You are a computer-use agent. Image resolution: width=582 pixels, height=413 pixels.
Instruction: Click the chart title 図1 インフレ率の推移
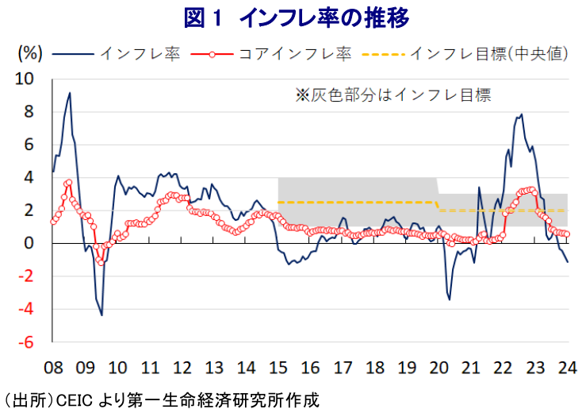pyautogui.click(x=297, y=17)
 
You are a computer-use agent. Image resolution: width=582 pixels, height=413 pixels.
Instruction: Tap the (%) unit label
pyautogui.click(x=30, y=53)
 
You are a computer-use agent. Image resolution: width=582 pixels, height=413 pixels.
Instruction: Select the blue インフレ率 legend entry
pyautogui.click(x=117, y=54)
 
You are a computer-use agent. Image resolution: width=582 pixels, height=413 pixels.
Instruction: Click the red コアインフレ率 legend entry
pyautogui.click(x=271, y=54)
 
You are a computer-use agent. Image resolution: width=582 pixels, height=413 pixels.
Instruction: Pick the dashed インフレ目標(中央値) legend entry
pyautogui.click(x=465, y=54)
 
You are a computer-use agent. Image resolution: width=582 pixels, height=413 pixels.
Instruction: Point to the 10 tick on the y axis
pyautogui.click(x=24, y=79)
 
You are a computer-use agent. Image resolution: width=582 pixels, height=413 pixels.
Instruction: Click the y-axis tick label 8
pyautogui.click(x=29, y=111)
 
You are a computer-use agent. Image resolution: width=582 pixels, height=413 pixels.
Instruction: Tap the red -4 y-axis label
pyautogui.click(x=26, y=309)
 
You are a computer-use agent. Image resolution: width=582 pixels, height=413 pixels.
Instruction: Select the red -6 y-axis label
pyautogui.click(x=26, y=342)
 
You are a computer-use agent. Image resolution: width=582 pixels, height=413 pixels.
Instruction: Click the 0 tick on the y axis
pyautogui.click(x=29, y=243)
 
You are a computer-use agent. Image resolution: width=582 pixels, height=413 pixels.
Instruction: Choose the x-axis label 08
pyautogui.click(x=53, y=368)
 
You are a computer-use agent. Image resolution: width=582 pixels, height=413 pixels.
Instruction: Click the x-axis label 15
pyautogui.click(x=278, y=368)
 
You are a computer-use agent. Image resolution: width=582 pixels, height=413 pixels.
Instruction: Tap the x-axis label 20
pyautogui.click(x=438, y=368)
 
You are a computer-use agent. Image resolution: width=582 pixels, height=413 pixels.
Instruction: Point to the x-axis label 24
pyautogui.click(x=568, y=368)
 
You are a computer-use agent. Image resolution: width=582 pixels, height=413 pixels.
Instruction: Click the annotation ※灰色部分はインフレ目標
pyautogui.click(x=393, y=95)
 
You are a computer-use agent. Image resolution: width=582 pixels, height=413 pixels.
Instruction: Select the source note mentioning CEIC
pyautogui.click(x=160, y=401)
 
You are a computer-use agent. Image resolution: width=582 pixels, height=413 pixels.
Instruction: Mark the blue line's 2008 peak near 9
pyautogui.click(x=70, y=93)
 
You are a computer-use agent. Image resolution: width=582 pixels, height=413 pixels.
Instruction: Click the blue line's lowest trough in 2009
pyautogui.click(x=101, y=315)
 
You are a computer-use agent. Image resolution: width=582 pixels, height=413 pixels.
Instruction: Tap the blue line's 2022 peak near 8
pyautogui.click(x=522, y=114)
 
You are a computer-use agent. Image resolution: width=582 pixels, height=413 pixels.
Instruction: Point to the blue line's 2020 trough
pyautogui.click(x=450, y=299)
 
